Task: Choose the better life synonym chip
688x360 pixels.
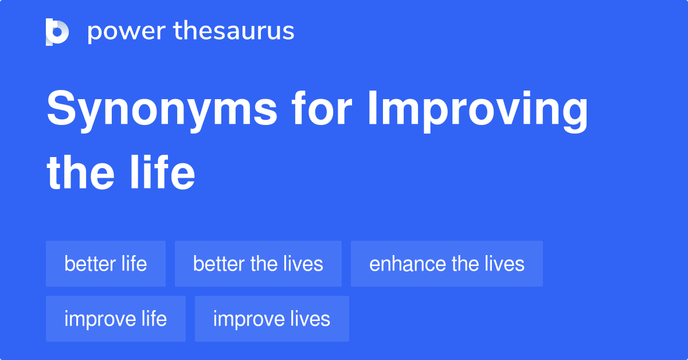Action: tap(105, 264)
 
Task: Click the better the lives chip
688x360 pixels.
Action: tap(258, 264)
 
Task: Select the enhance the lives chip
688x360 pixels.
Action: tap(447, 264)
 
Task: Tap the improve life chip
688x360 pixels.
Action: tap(115, 319)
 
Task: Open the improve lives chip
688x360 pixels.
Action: tap(272, 319)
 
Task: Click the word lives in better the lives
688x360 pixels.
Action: tap(303, 264)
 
